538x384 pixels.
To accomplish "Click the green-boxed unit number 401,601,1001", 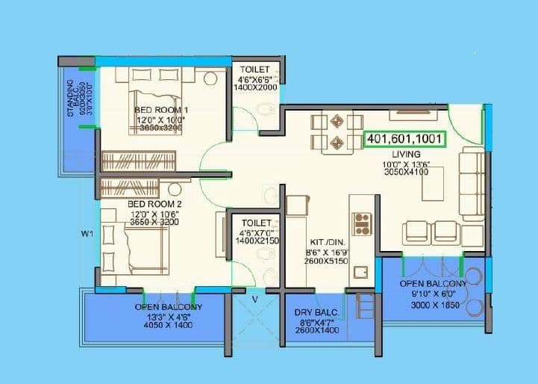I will pyautogui.click(x=404, y=139).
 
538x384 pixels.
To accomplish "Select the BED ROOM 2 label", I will pyautogui.click(x=154, y=204).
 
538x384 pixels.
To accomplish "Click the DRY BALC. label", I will pyautogui.click(x=321, y=312).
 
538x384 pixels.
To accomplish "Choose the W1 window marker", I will pyautogui.click(x=87, y=233).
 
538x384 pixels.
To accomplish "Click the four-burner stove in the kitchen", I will pyautogui.click(x=362, y=220).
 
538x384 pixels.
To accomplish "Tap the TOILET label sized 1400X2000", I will pyautogui.click(x=255, y=69).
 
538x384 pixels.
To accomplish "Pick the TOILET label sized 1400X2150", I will pyautogui.click(x=255, y=223).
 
